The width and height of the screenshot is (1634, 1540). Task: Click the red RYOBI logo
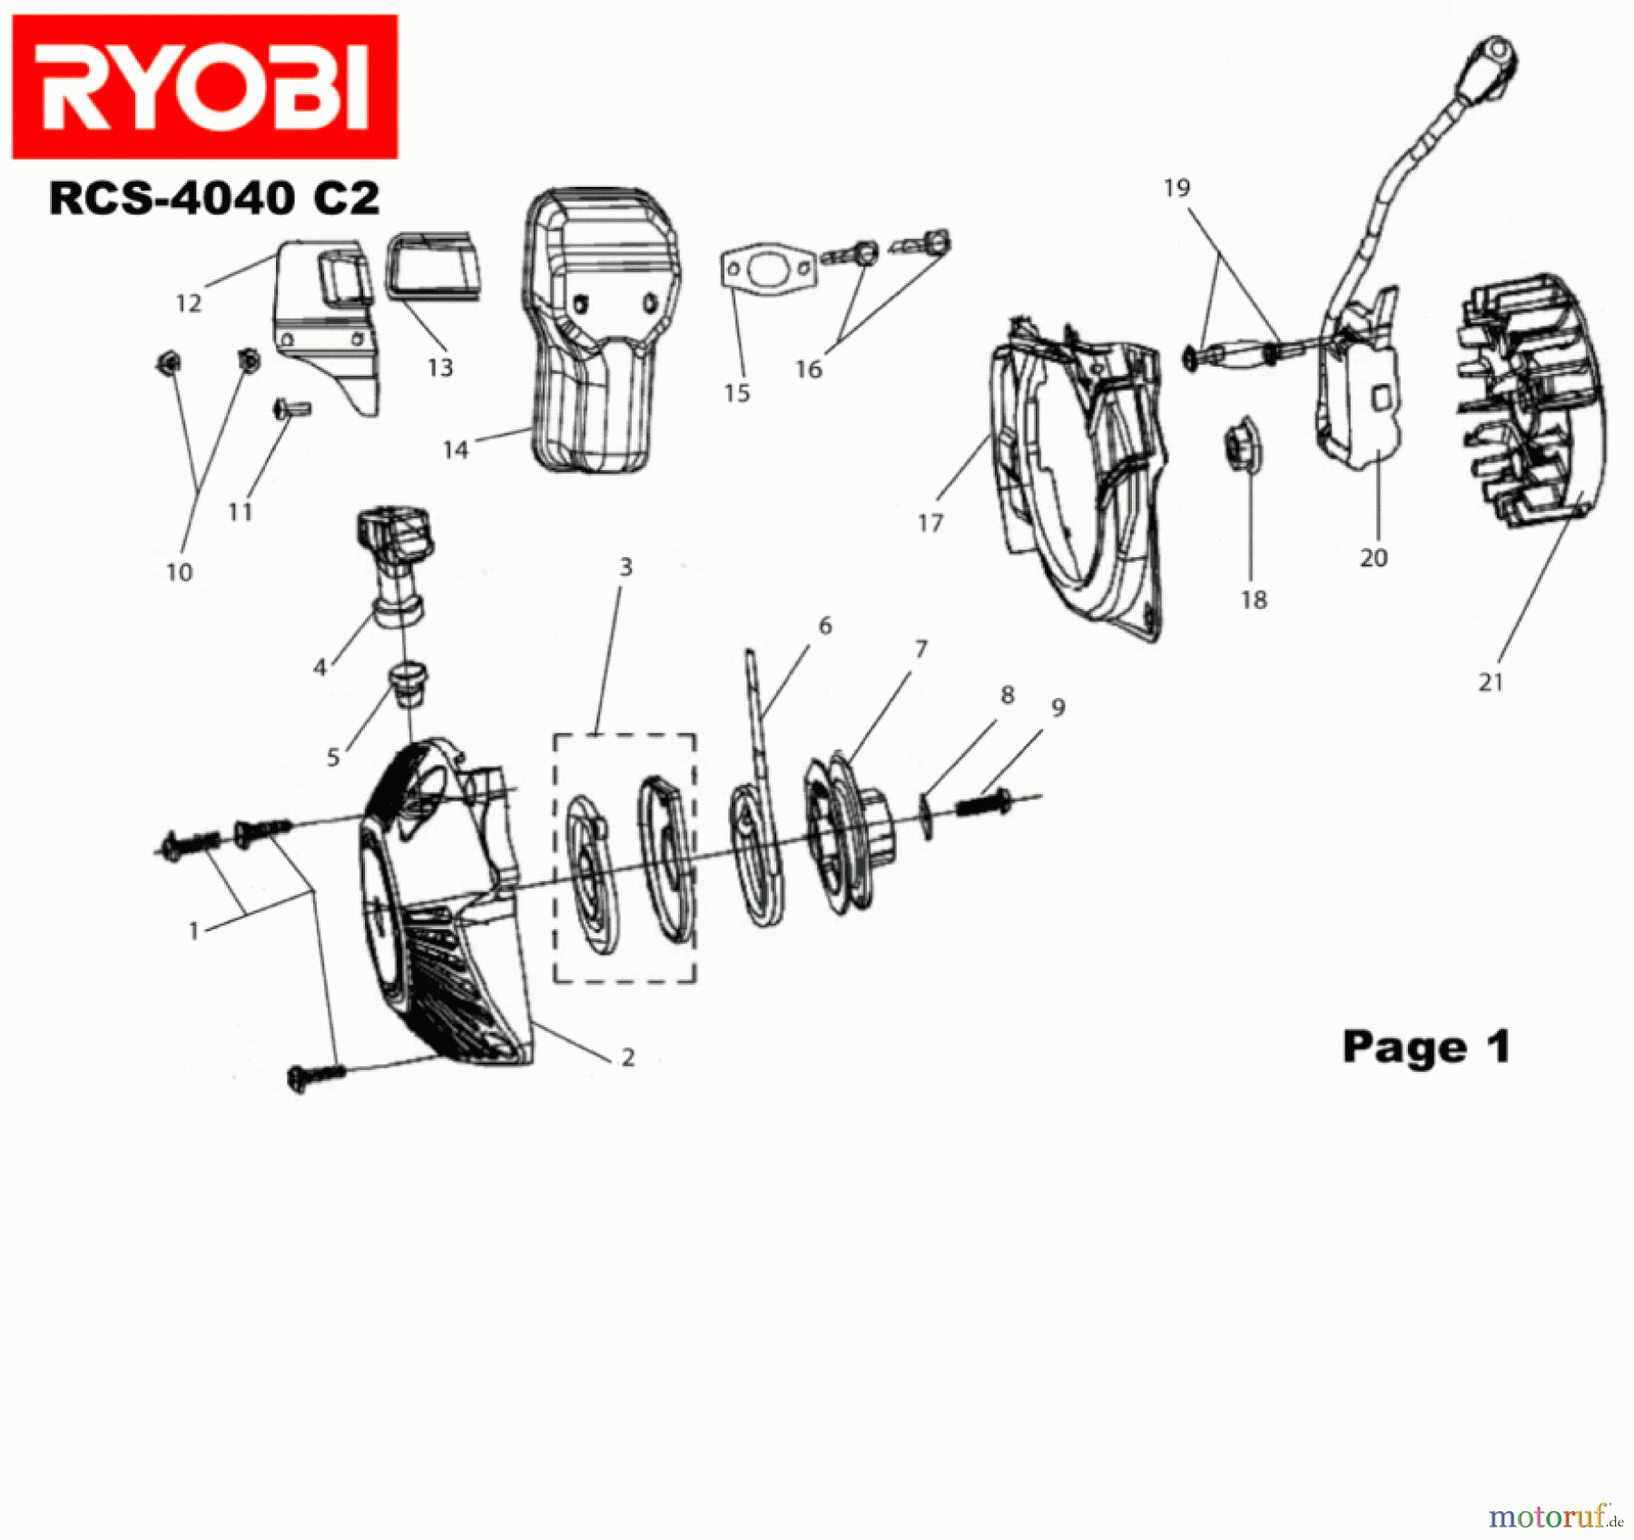(204, 86)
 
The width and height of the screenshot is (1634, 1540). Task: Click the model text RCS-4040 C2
(213, 198)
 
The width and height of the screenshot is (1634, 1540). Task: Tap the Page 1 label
(1425, 1046)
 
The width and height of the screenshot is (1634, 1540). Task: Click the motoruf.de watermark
(1555, 1516)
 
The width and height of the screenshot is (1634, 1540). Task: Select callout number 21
(1491, 682)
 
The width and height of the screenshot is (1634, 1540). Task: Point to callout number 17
(930, 524)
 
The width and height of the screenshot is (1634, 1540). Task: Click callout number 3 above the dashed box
(625, 567)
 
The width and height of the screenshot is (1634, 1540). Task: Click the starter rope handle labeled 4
(398, 563)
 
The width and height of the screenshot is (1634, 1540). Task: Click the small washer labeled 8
(926, 815)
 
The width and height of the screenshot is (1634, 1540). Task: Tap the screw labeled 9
(983, 804)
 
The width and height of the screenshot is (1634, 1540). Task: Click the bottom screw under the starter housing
(314, 1076)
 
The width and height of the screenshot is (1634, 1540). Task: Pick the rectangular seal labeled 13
(433, 265)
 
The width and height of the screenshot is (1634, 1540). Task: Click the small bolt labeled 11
(291, 410)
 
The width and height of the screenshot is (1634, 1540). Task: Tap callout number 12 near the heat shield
(188, 303)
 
